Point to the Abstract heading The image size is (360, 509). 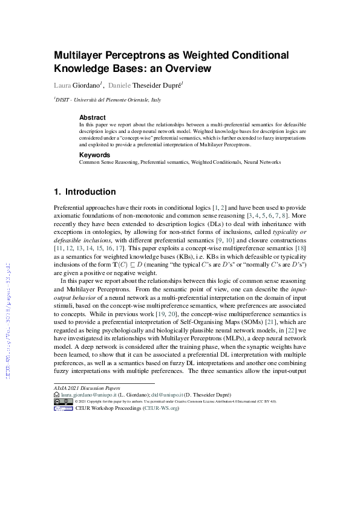92,117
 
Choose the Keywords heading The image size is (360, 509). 94,155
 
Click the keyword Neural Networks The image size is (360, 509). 261,162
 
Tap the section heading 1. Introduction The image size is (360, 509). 85,192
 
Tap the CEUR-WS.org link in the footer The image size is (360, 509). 161,409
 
